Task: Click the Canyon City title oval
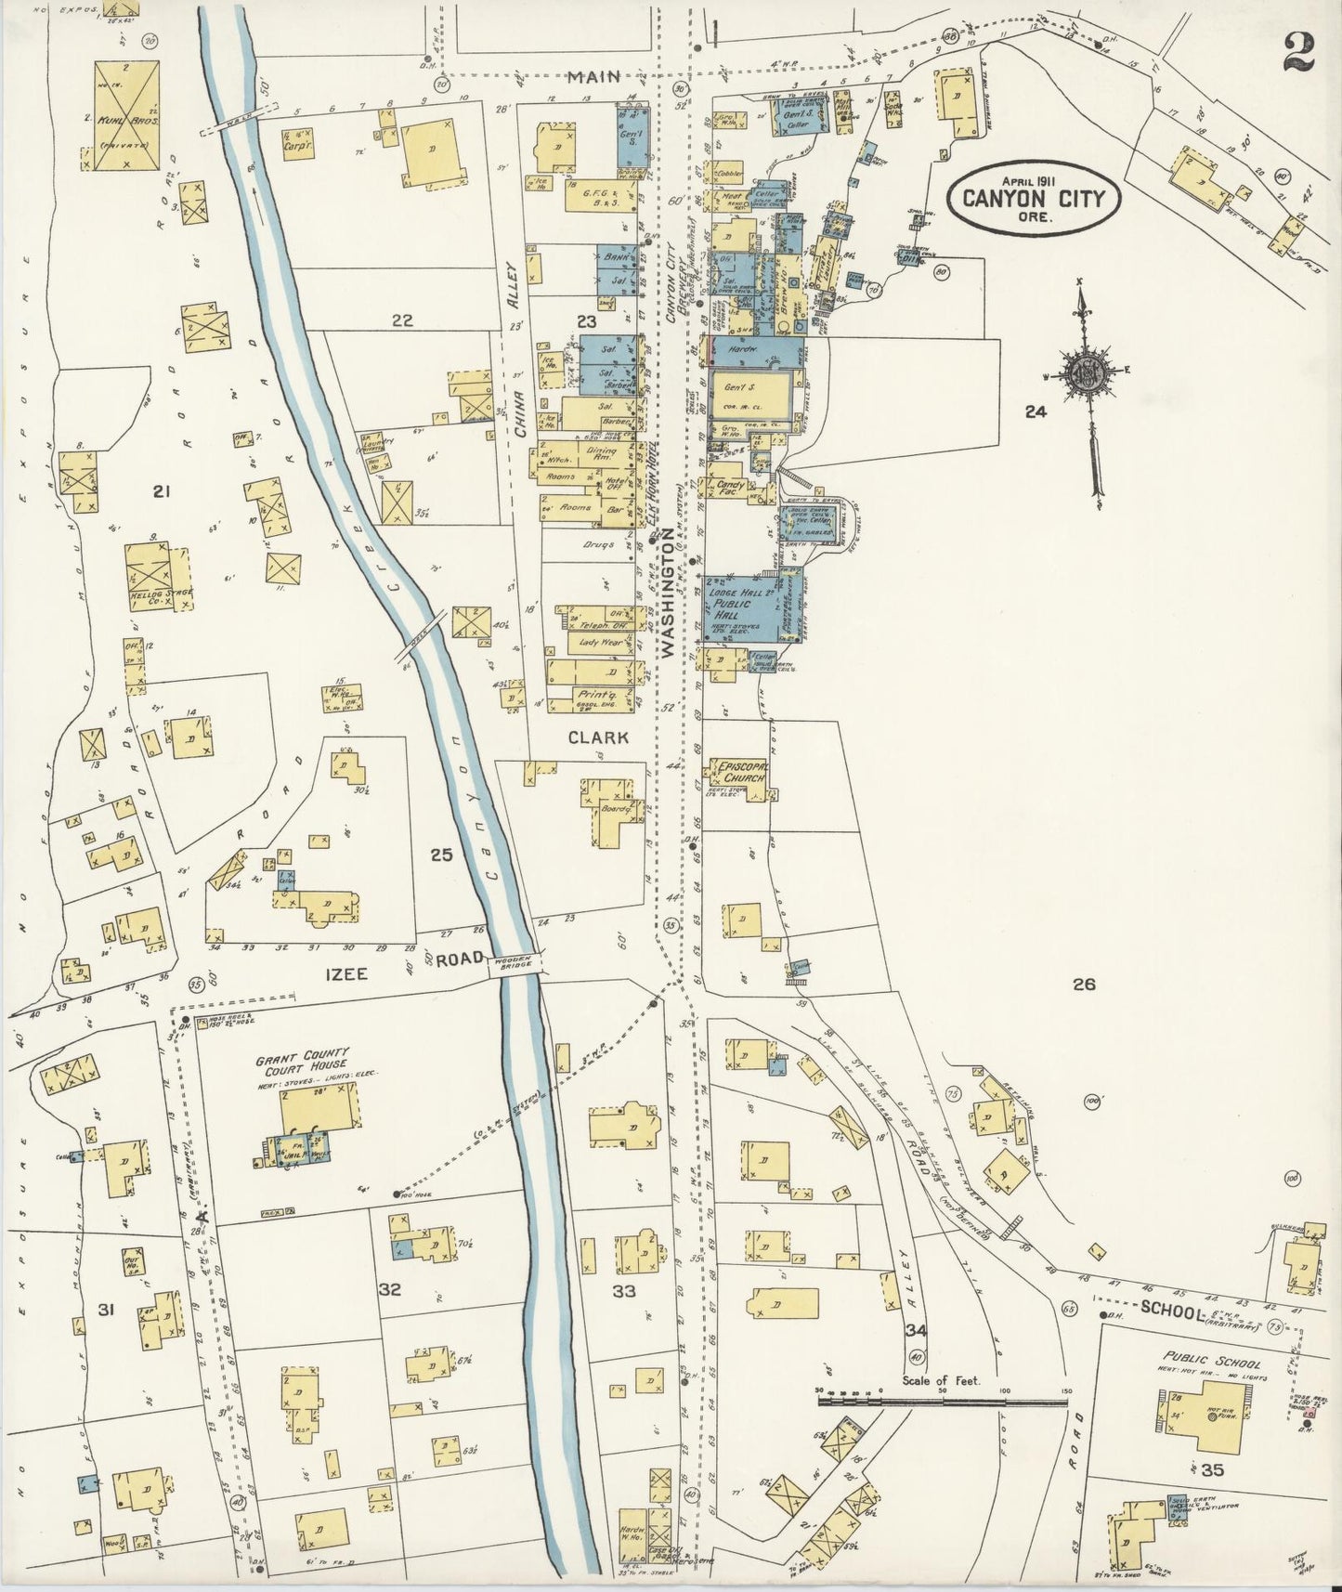pyautogui.click(x=1034, y=196)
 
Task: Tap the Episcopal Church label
pyautogui.click(x=739, y=773)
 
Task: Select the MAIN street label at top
pyautogui.click(x=594, y=78)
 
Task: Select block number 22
pyautogui.click(x=401, y=320)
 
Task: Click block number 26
pyautogui.click(x=1084, y=985)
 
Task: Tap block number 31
pyautogui.click(x=106, y=1310)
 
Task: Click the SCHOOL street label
pyautogui.click(x=1172, y=1311)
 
